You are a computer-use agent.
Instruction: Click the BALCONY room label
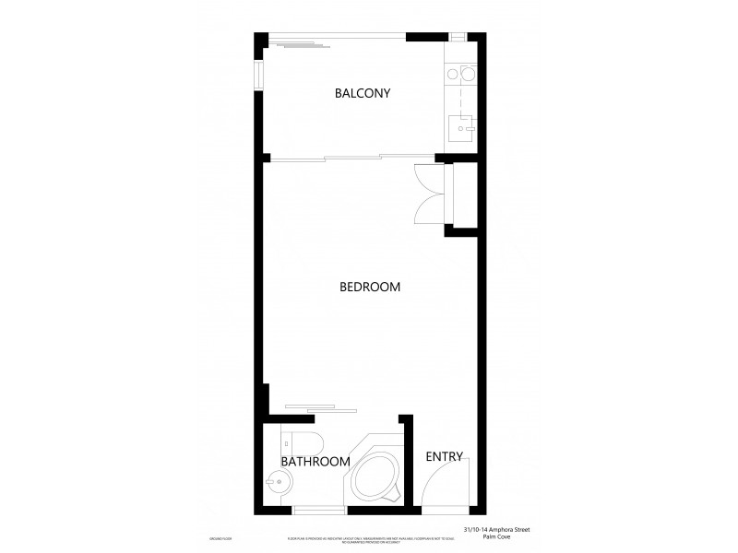coord(363,93)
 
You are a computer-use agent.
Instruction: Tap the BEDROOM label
coord(370,287)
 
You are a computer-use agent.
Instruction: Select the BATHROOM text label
coord(315,461)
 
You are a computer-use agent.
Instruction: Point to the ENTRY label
coord(444,456)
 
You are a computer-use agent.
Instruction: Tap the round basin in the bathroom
coord(276,481)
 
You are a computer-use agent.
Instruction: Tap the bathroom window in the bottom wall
coord(319,510)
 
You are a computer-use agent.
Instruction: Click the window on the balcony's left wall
coord(259,72)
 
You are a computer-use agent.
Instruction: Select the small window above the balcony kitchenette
coord(458,37)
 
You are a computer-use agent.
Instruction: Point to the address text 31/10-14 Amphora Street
coord(497,529)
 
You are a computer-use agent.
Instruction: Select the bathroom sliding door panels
coord(319,407)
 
